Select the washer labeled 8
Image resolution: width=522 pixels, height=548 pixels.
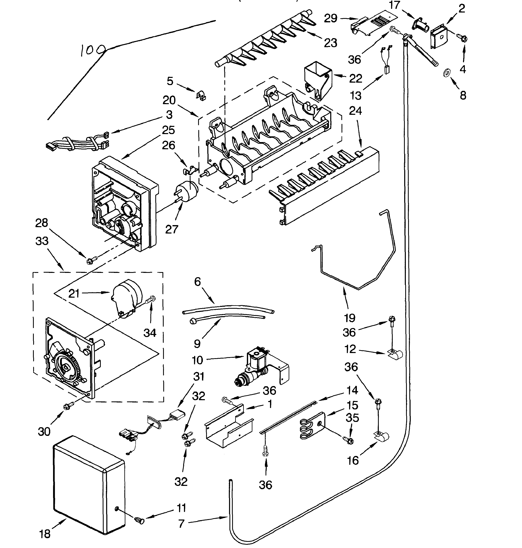pos(447,73)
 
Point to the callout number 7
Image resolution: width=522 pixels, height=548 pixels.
pos(182,523)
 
